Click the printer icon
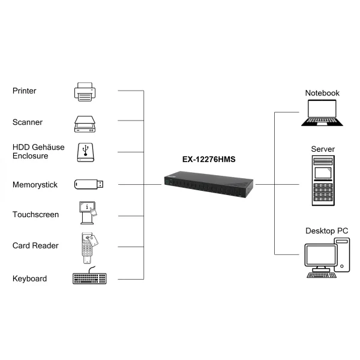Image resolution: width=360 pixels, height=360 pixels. click(x=85, y=91)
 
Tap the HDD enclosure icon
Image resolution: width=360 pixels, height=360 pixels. click(x=85, y=152)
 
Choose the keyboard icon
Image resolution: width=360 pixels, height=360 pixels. click(x=89, y=278)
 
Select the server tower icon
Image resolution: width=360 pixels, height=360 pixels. click(x=323, y=179)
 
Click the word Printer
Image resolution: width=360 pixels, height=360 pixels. click(x=25, y=91)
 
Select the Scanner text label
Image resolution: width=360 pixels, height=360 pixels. click(x=28, y=122)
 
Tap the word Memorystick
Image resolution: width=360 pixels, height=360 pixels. click(x=35, y=185)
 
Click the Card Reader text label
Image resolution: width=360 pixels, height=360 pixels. click(x=35, y=246)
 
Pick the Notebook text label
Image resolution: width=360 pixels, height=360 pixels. click(x=322, y=93)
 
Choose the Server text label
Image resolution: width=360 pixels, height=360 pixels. click(x=323, y=149)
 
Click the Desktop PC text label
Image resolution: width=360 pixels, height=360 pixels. click(x=326, y=230)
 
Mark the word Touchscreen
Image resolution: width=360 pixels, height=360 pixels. click(x=35, y=215)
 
